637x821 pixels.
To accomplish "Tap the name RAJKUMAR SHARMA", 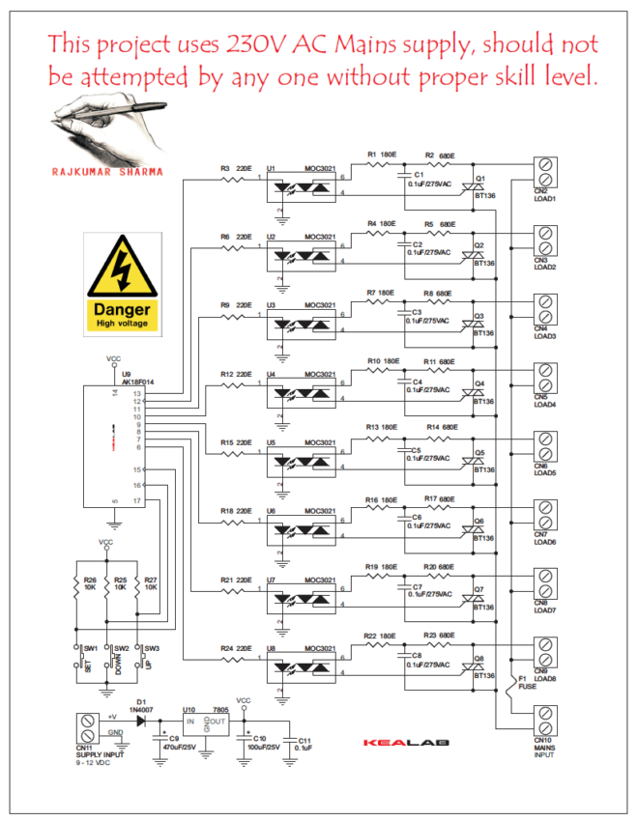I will pyautogui.click(x=107, y=173).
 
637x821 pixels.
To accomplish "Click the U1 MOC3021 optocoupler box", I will pyautogui.click(x=301, y=189).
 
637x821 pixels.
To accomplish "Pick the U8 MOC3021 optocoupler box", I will pyautogui.click(x=301, y=668).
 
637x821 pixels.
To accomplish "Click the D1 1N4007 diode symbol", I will pyautogui.click(x=141, y=719).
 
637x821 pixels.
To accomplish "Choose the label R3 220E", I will pyautogui.click(x=235, y=168).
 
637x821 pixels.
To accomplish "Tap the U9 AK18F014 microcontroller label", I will pyautogui.click(x=138, y=379).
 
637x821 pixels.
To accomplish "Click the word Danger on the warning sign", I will pyautogui.click(x=122, y=310).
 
